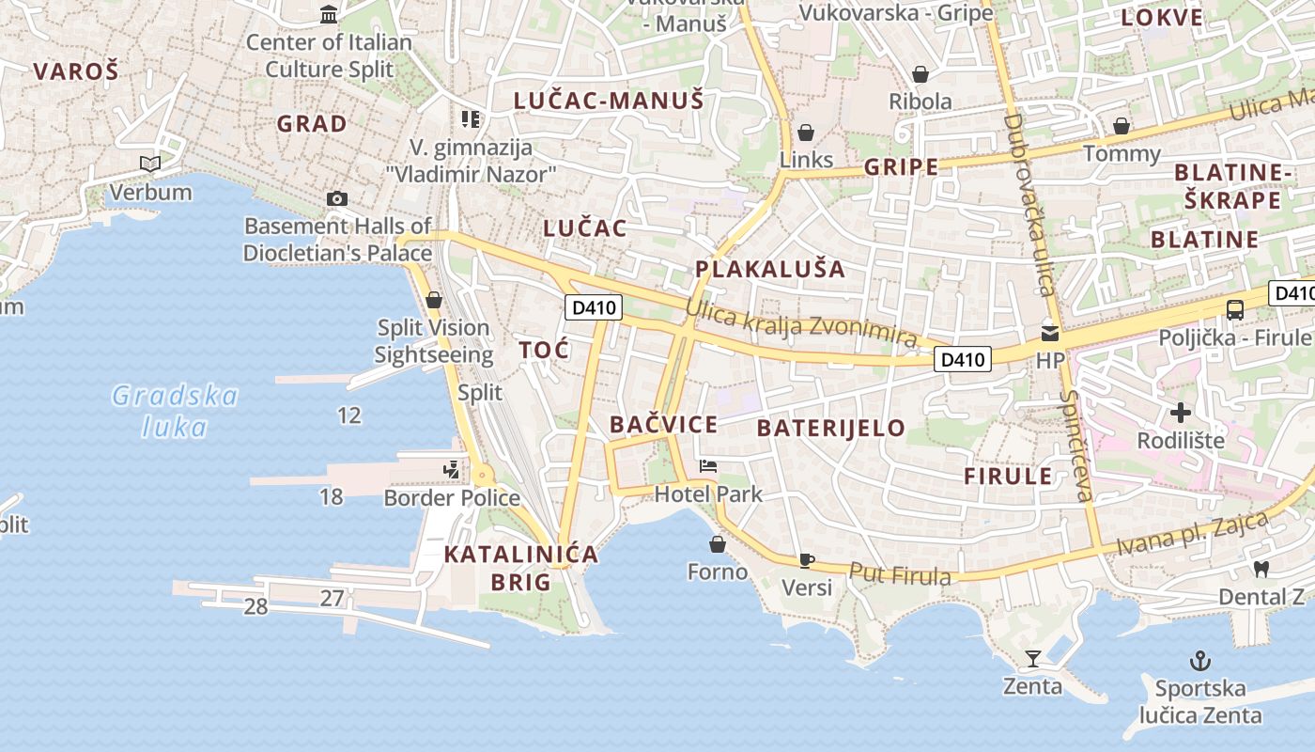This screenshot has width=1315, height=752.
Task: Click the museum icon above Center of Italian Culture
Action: [x=329, y=14]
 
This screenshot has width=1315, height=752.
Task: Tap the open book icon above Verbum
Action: [x=150, y=164]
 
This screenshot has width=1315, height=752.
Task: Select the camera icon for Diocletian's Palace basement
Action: [x=336, y=198]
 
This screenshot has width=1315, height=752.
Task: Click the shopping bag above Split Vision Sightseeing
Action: [x=433, y=300]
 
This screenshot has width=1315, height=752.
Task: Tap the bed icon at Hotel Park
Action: [x=708, y=466]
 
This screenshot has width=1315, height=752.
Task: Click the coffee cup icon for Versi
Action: [x=806, y=560]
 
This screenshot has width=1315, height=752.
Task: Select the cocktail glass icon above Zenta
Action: [x=1033, y=658]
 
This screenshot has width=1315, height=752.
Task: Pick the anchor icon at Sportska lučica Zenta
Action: [x=1199, y=660]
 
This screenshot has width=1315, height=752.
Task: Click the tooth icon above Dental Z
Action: [x=1261, y=568]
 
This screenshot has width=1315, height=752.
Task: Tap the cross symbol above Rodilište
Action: [x=1181, y=412]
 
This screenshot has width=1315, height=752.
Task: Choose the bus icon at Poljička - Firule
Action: [x=1235, y=309]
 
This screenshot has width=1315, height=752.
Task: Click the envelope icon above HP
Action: [x=1049, y=332]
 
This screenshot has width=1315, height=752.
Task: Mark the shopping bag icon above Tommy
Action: [x=1121, y=126]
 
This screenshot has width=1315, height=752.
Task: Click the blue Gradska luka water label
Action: [x=175, y=411]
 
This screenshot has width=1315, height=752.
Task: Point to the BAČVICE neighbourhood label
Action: [x=663, y=424]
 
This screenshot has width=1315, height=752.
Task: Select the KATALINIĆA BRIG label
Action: [x=520, y=568]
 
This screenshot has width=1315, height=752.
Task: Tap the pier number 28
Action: [x=255, y=607]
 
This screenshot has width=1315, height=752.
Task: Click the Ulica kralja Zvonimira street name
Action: [x=800, y=322]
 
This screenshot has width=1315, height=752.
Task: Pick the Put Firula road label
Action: [x=900, y=573]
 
